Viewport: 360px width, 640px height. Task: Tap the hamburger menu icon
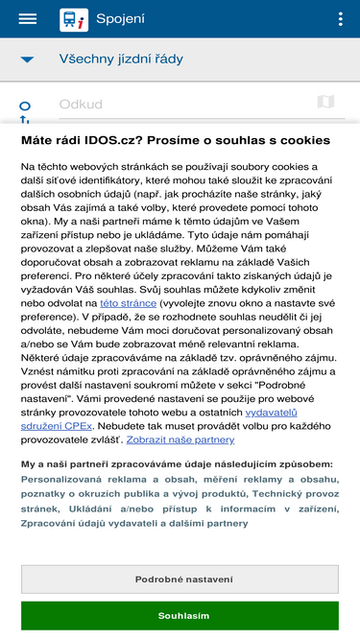[x=27, y=19]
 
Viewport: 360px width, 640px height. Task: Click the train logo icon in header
[x=72, y=19]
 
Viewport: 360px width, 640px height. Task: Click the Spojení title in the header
[x=121, y=19]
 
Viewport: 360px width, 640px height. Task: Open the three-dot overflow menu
[x=341, y=19]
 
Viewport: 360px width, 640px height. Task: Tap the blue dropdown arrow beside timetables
[x=27, y=59]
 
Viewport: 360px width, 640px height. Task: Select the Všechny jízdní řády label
[x=121, y=59]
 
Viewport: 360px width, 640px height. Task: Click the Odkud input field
[x=182, y=104]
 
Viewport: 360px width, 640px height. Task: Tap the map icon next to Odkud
[x=324, y=103]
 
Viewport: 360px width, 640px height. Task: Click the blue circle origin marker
[x=26, y=106]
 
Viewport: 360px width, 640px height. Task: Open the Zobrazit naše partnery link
[x=180, y=439]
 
